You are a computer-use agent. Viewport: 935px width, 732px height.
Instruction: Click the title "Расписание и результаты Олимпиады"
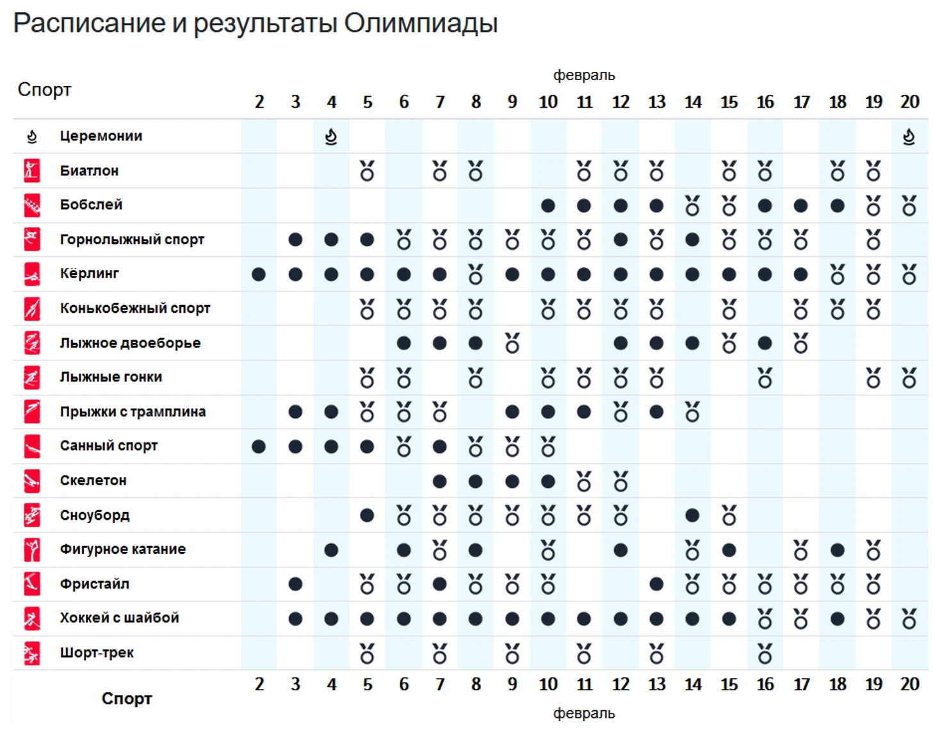click(255, 23)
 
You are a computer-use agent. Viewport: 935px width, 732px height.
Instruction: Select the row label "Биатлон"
click(89, 171)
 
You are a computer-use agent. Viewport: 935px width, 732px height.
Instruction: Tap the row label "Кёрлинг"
click(89, 274)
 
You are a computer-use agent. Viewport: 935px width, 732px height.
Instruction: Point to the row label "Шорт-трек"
click(97, 653)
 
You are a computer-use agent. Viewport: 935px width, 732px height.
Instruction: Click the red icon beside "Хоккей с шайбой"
click(32, 619)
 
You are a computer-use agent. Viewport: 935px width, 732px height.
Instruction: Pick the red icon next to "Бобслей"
click(32, 205)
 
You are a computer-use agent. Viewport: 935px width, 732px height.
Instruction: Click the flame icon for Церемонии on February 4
click(331, 137)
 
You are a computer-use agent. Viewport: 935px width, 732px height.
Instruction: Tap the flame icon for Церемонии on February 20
click(909, 137)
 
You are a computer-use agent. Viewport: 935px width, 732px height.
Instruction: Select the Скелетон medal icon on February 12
click(621, 481)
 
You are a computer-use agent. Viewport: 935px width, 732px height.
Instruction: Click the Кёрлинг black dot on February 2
click(259, 274)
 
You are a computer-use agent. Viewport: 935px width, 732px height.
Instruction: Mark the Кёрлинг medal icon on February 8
click(475, 274)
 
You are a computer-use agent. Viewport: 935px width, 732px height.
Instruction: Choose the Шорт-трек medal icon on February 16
click(765, 653)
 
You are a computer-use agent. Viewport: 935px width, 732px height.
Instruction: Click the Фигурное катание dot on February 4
click(331, 550)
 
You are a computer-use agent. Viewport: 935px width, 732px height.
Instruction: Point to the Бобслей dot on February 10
click(548, 206)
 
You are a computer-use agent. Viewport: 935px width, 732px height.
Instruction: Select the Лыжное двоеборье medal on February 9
click(512, 344)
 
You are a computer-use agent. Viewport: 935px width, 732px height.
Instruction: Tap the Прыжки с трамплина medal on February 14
click(692, 412)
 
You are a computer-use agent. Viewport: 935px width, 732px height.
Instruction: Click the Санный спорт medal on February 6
click(403, 447)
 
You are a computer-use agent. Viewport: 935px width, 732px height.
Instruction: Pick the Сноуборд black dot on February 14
click(692, 515)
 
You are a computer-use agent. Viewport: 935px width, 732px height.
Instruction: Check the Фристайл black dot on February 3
click(295, 584)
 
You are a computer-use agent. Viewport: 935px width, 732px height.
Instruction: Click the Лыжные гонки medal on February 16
click(765, 378)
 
